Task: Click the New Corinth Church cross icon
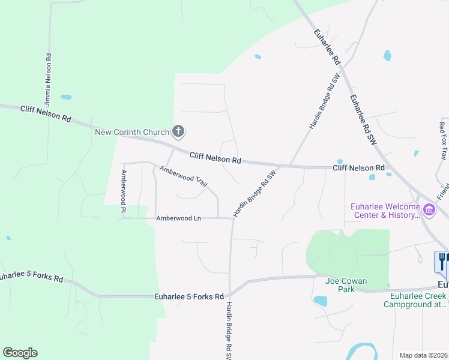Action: [x=178, y=131]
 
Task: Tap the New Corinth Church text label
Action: [x=132, y=131]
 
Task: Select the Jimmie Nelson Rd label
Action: [x=48, y=73]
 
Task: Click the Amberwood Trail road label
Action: [x=184, y=178]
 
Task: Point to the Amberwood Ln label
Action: [x=178, y=218]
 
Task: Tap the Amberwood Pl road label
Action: [x=123, y=191]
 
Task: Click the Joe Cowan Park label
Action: [x=346, y=280]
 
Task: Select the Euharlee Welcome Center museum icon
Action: [x=429, y=209]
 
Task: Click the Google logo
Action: [x=20, y=353]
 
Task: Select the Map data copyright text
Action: [x=424, y=355]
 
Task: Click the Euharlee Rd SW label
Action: [x=363, y=121]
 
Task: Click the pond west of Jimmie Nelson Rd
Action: [x=66, y=97]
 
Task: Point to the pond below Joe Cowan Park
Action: [x=321, y=301]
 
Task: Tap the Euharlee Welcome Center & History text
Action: [x=384, y=211]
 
